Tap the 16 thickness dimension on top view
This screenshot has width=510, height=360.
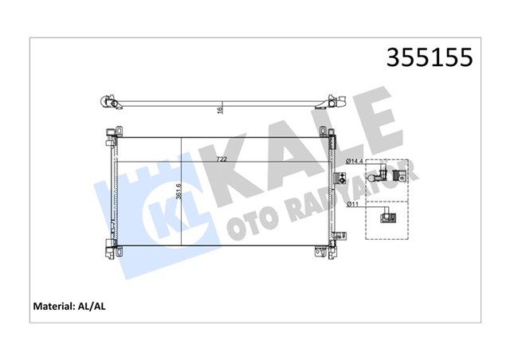tap(220, 112)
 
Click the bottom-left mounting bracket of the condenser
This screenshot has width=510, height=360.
tap(109, 248)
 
